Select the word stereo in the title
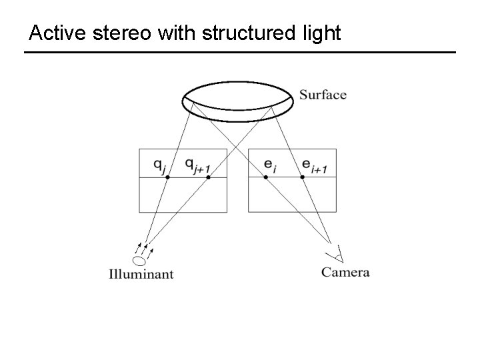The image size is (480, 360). tap(117, 33)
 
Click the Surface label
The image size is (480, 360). tap(323, 95)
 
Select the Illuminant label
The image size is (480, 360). tap(141, 274)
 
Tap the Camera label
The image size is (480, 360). tap(345, 272)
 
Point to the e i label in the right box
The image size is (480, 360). tap(270, 164)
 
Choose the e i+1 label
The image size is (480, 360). tap(314, 165)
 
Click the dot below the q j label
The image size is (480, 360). tap(167, 177)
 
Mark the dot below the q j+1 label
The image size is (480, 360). tap(208, 177)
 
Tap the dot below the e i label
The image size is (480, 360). tap(265, 177)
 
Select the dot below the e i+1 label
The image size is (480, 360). tap(303, 177)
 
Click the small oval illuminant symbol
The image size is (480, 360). tap(139, 261)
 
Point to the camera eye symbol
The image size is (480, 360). tap(335, 253)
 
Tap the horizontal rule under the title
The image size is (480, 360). tap(239, 52)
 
